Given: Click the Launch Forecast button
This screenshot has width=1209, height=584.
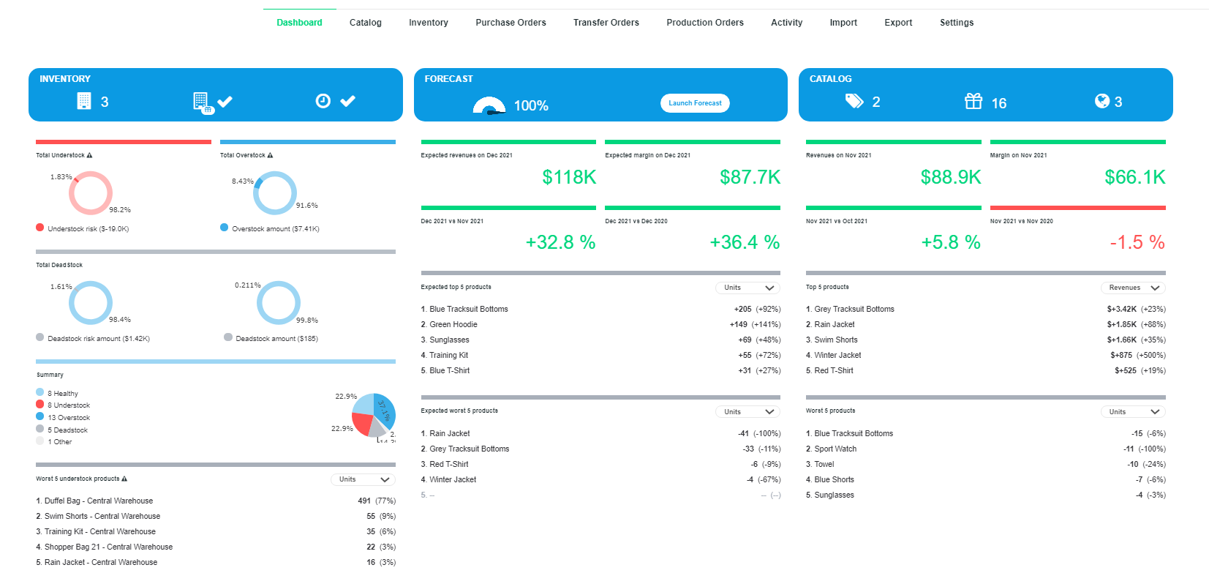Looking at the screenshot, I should (695, 103).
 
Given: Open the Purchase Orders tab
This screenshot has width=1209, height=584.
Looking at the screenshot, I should (511, 23).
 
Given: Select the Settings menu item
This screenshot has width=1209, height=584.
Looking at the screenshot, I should (956, 23).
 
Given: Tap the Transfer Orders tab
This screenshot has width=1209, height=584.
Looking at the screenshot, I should (606, 23).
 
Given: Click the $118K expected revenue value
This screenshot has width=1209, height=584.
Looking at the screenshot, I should (569, 177).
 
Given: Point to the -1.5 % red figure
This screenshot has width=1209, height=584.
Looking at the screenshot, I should (1137, 242).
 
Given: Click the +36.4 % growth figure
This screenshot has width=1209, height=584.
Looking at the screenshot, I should (744, 242).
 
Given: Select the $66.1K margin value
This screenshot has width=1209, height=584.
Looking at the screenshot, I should (1134, 177).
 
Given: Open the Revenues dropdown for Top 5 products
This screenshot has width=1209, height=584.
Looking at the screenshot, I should (1133, 288).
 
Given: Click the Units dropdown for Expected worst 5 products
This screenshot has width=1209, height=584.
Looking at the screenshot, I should (747, 412).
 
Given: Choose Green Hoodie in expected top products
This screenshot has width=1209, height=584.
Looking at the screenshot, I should (453, 324).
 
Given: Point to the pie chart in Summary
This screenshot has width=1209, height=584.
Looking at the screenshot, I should (374, 416).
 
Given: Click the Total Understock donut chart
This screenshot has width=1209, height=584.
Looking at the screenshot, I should (91, 193).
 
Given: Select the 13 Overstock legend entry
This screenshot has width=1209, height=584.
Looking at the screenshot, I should (69, 417).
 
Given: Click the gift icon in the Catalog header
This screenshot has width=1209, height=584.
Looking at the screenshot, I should (973, 101).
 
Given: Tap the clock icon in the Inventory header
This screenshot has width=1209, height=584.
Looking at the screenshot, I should (323, 101).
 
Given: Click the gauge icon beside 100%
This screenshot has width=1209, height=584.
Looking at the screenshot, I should (489, 106).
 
